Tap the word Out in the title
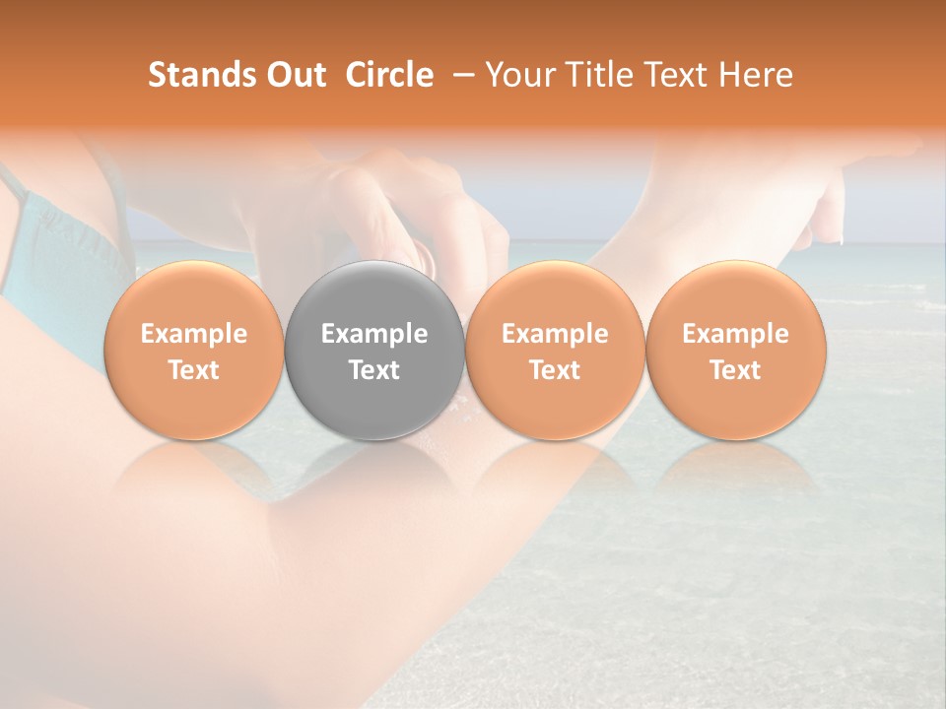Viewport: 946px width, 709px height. point(294,75)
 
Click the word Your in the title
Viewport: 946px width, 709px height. point(520,75)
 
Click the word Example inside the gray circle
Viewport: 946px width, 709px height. point(374,334)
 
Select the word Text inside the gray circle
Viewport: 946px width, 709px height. point(374,370)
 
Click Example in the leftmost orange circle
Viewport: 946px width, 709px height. point(194,334)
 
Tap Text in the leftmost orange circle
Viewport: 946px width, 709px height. point(194,370)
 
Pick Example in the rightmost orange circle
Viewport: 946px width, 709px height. point(735,334)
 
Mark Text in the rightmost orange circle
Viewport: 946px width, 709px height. point(735,370)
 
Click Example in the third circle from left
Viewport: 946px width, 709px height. point(555,334)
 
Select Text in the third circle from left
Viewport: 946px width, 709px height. point(555,370)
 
